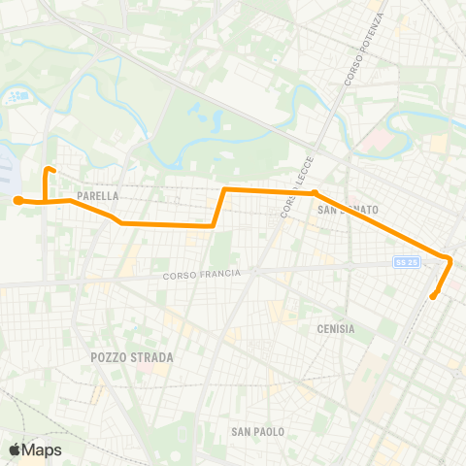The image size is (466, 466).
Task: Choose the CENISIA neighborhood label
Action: click(335, 329)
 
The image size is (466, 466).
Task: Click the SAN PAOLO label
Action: click(255, 430)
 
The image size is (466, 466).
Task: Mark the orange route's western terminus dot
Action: click(17, 201)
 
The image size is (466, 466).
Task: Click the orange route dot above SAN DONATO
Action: click(315, 192)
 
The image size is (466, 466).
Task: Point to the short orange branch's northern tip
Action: click(50, 172)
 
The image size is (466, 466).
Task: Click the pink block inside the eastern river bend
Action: click(373, 143)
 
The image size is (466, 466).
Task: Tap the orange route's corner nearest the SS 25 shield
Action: click(449, 259)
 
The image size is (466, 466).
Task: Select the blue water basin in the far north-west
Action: click(17, 98)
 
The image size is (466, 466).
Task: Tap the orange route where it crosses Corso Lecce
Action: click(288, 190)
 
